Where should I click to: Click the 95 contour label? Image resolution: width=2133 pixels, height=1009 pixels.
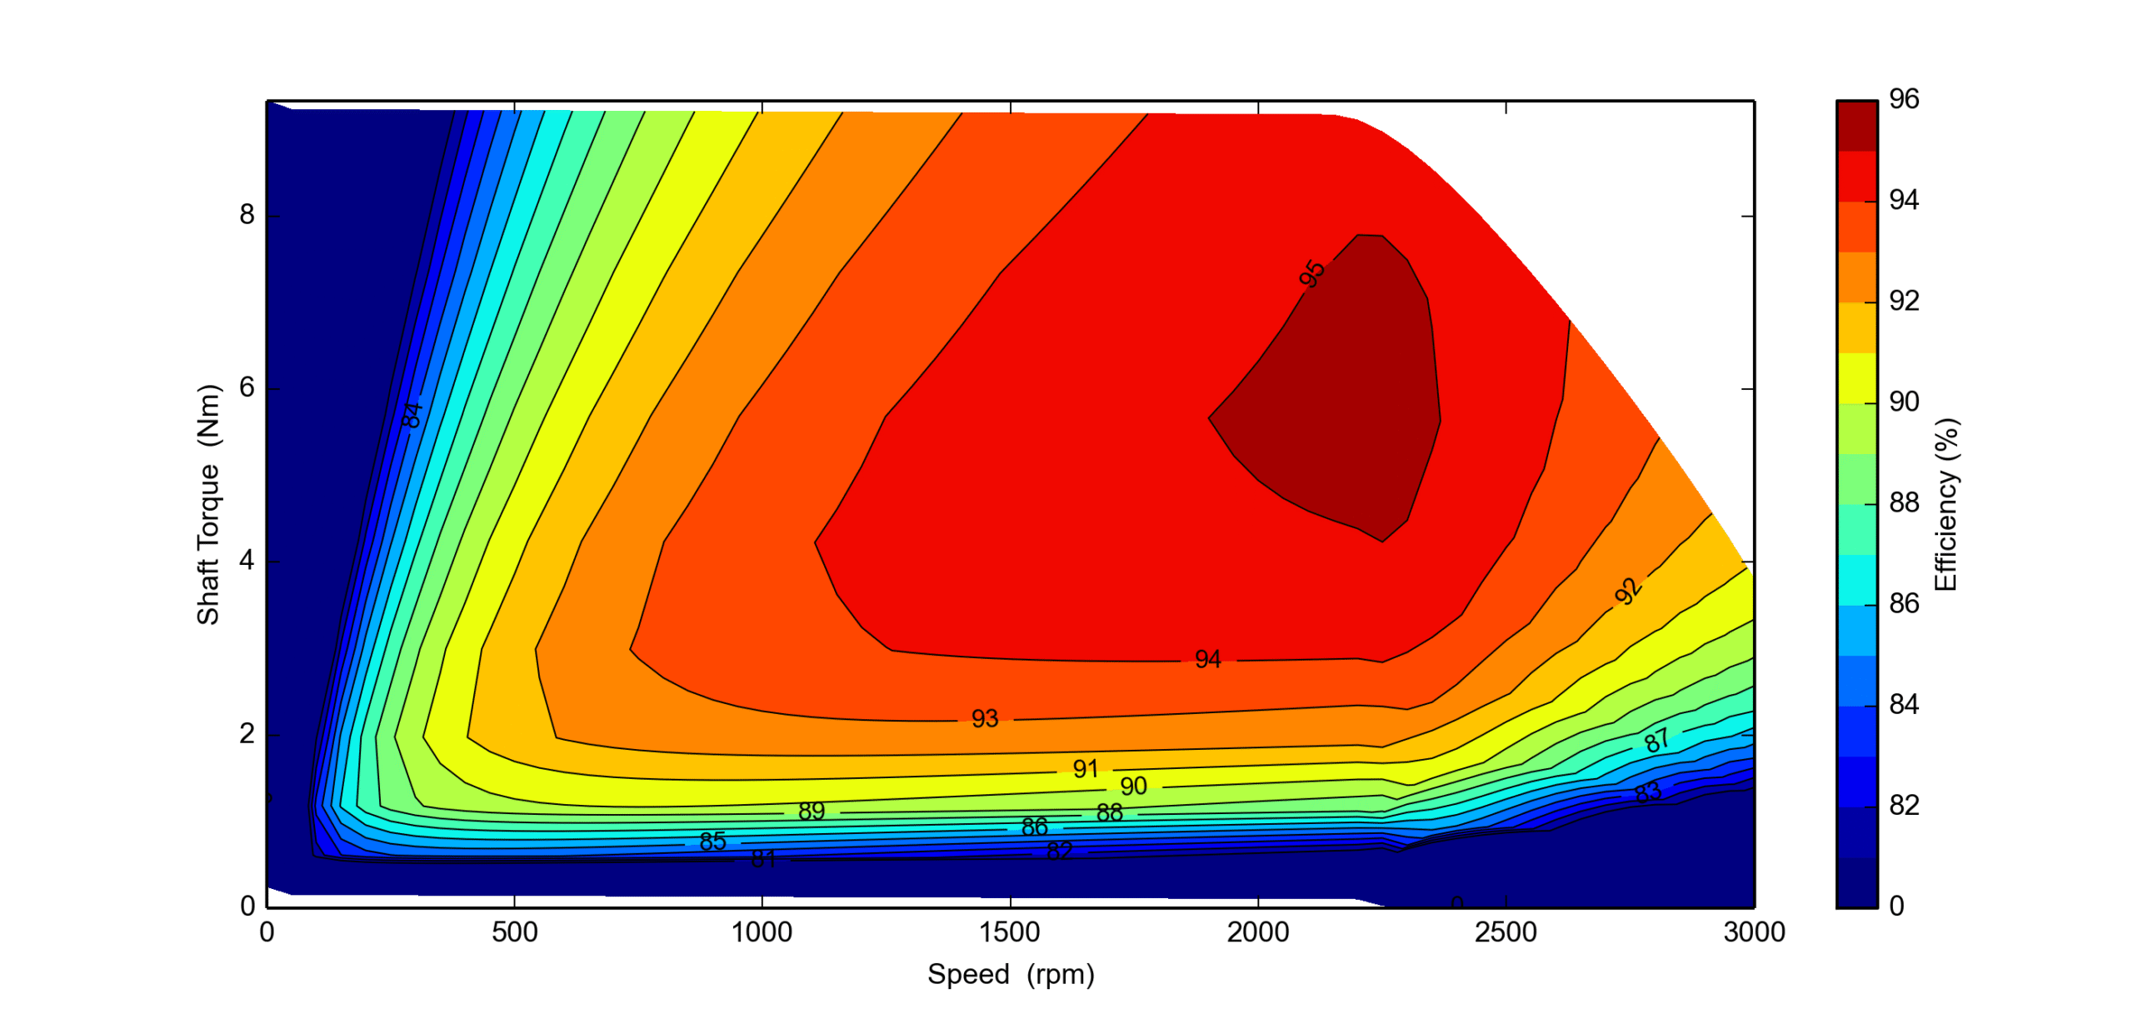tap(1311, 273)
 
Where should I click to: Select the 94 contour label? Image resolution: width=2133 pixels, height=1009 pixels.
tap(1207, 660)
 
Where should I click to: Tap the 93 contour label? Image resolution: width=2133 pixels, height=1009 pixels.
tap(984, 718)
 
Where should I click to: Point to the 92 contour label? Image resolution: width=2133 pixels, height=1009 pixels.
tap(1627, 592)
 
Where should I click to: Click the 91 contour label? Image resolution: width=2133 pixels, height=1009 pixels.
tap(1085, 768)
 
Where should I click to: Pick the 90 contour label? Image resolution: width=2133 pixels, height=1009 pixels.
tap(1133, 786)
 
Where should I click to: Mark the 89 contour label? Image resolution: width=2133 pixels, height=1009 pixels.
tap(811, 811)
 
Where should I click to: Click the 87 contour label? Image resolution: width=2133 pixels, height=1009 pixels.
tap(1656, 739)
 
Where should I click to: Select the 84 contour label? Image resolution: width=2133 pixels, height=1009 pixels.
tap(412, 414)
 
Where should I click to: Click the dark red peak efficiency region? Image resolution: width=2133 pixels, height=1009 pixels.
tap(1350, 400)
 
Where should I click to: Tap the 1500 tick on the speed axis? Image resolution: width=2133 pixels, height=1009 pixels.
tap(1010, 932)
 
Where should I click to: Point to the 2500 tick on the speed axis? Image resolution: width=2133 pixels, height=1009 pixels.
tap(1505, 932)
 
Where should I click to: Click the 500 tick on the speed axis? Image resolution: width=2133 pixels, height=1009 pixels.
tap(514, 932)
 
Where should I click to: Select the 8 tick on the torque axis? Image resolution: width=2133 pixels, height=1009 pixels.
tap(247, 215)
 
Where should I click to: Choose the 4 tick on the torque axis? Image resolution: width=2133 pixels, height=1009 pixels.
tap(247, 561)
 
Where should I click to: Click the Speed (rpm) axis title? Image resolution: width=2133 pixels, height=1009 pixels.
tap(1010, 974)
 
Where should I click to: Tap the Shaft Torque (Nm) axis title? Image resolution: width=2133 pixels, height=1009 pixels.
tap(207, 504)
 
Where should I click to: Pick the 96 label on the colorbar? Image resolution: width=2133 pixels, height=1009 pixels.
tap(1904, 99)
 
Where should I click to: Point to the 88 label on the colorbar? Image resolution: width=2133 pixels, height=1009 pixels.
tap(1904, 502)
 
